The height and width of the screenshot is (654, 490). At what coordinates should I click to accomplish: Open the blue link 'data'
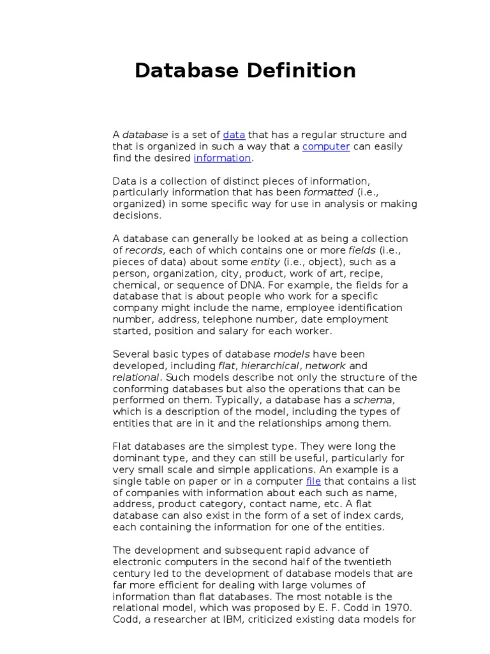234,135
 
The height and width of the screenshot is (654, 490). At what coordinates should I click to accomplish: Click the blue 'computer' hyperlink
326,146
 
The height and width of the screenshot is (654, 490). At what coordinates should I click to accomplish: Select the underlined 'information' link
223,158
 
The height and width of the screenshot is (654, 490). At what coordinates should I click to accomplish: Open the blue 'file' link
313,480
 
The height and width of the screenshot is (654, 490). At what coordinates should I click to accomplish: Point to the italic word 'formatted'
328,192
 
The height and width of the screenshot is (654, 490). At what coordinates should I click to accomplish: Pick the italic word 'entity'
265,262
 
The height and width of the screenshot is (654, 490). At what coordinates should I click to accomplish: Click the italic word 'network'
325,366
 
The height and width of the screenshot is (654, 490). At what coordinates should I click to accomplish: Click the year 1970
401,608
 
